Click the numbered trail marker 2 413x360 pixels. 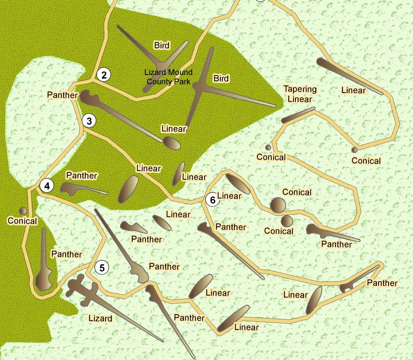(x=104, y=75)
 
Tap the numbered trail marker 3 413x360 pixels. (x=89, y=121)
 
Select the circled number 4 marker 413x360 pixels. (x=47, y=186)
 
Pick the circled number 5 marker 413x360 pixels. (x=102, y=267)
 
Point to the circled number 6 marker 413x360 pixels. (x=213, y=200)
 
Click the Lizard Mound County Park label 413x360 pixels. (x=168, y=77)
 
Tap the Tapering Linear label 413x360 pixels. (x=300, y=94)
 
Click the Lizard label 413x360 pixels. (x=100, y=318)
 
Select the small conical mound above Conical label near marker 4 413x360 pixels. (x=23, y=211)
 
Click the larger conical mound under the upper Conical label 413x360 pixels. (x=278, y=205)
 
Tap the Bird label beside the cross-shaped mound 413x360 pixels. (x=221, y=79)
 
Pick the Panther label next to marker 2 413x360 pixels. (x=62, y=95)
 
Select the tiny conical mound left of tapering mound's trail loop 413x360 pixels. (x=268, y=147)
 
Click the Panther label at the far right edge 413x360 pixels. (x=382, y=283)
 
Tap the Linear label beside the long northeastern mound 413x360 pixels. (x=353, y=90)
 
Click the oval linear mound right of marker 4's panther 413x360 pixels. (x=128, y=189)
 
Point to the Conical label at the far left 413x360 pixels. (x=22, y=221)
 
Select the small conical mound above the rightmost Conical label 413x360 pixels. (x=354, y=150)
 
